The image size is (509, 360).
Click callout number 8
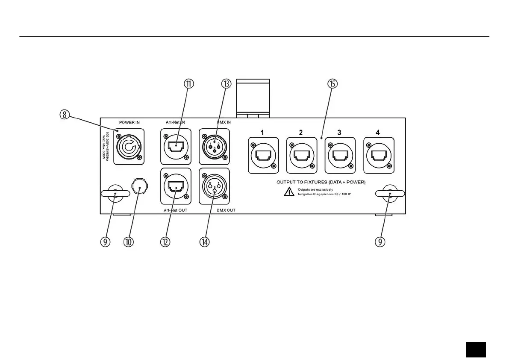(x=64, y=115)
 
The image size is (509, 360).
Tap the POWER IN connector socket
(x=129, y=147)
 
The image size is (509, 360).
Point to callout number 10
(x=129, y=242)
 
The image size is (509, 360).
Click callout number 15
(x=333, y=84)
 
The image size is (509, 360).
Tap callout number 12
(x=165, y=242)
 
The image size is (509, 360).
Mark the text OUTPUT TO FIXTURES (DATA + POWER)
(x=321, y=182)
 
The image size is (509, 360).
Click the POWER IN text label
(x=129, y=123)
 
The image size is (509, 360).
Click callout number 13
(x=226, y=84)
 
